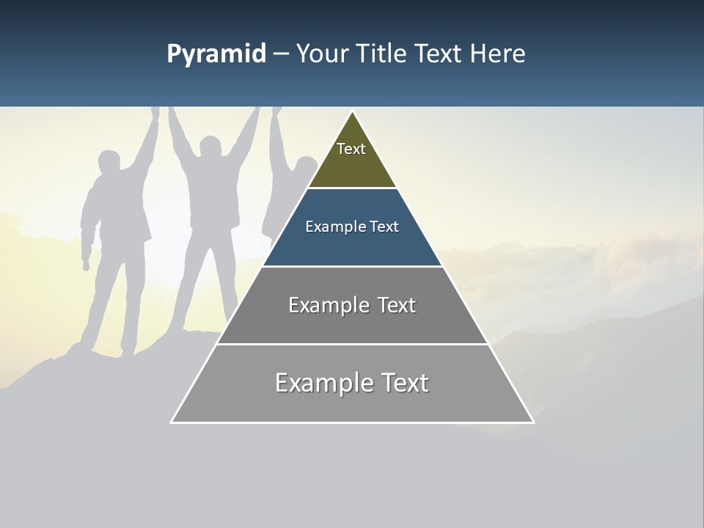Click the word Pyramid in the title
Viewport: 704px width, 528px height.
[216, 54]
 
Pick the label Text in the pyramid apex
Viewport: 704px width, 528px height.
[351, 149]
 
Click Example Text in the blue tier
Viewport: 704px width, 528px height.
[352, 227]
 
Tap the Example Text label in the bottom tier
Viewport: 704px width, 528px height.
[352, 383]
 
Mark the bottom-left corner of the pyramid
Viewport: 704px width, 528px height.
[172, 422]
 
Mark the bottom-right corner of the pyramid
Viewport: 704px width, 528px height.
[533, 422]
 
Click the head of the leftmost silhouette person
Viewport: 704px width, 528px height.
[109, 163]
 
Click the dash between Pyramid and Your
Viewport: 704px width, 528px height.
[281, 54]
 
